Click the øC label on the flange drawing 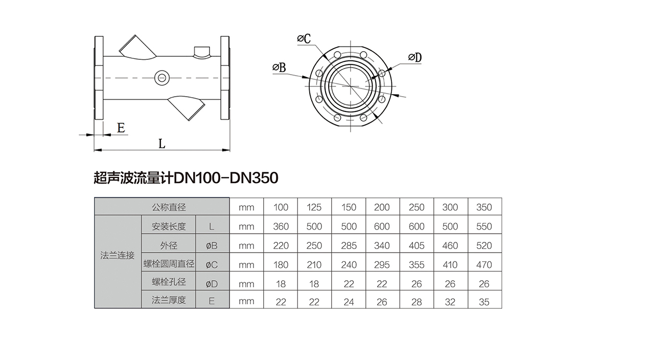(304, 39)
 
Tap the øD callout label (414, 58)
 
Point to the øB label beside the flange (279, 67)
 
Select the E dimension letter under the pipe (121, 128)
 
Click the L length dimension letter (161, 143)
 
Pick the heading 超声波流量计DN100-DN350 (186, 178)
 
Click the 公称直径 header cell (169, 207)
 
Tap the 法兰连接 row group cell (118, 255)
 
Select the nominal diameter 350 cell (484, 207)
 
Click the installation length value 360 (281, 226)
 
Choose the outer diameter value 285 (349, 245)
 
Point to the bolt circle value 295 (382, 264)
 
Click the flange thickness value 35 (484, 302)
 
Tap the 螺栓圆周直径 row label (169, 264)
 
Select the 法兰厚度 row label (169, 301)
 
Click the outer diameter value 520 (484, 245)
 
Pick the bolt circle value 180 (281, 264)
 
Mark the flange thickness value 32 (450, 302)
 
